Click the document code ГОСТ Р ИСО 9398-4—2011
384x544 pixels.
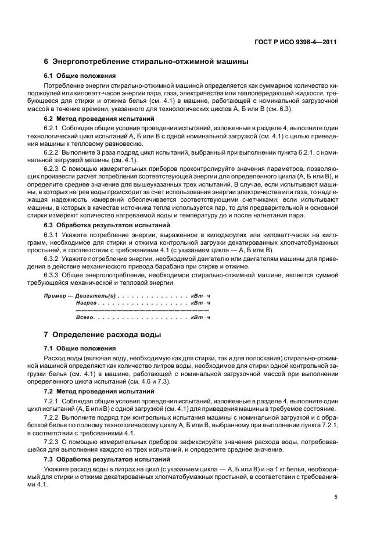tap(296, 42)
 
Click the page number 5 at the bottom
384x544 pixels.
tap(336, 497)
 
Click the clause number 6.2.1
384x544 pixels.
tap(54, 127)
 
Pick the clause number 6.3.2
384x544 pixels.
tap(54, 258)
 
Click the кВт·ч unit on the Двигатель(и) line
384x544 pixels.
tap(200, 295)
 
